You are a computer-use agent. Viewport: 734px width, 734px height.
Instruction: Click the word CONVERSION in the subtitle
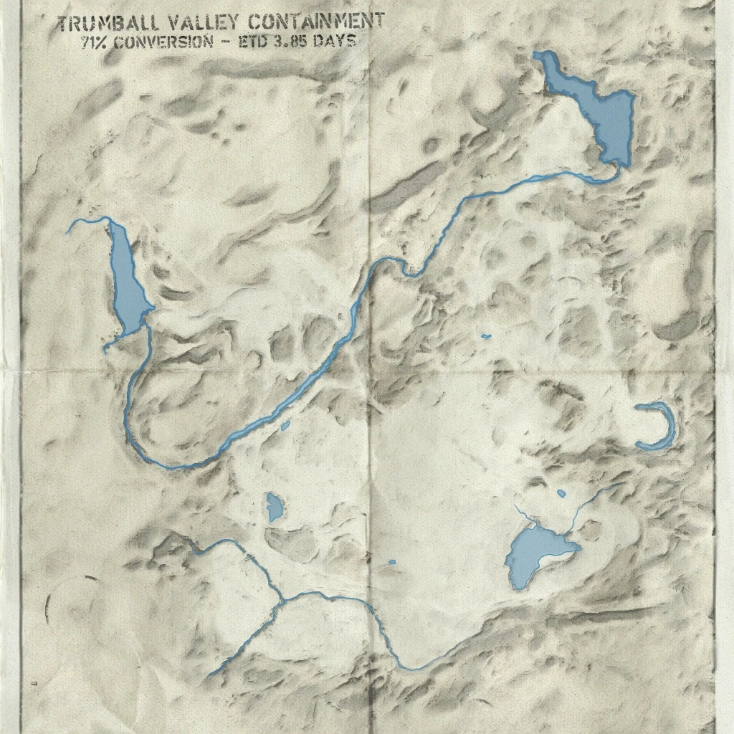(163, 41)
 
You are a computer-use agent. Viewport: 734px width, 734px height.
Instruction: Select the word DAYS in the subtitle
(338, 41)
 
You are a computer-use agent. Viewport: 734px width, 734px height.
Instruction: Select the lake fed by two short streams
(534, 556)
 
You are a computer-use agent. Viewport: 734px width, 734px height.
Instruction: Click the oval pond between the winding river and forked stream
(274, 507)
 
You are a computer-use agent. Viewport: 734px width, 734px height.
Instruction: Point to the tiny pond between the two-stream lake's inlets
(561, 494)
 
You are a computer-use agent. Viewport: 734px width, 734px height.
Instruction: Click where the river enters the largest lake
(614, 168)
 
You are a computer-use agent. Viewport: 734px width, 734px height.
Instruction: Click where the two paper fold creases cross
(369, 371)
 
